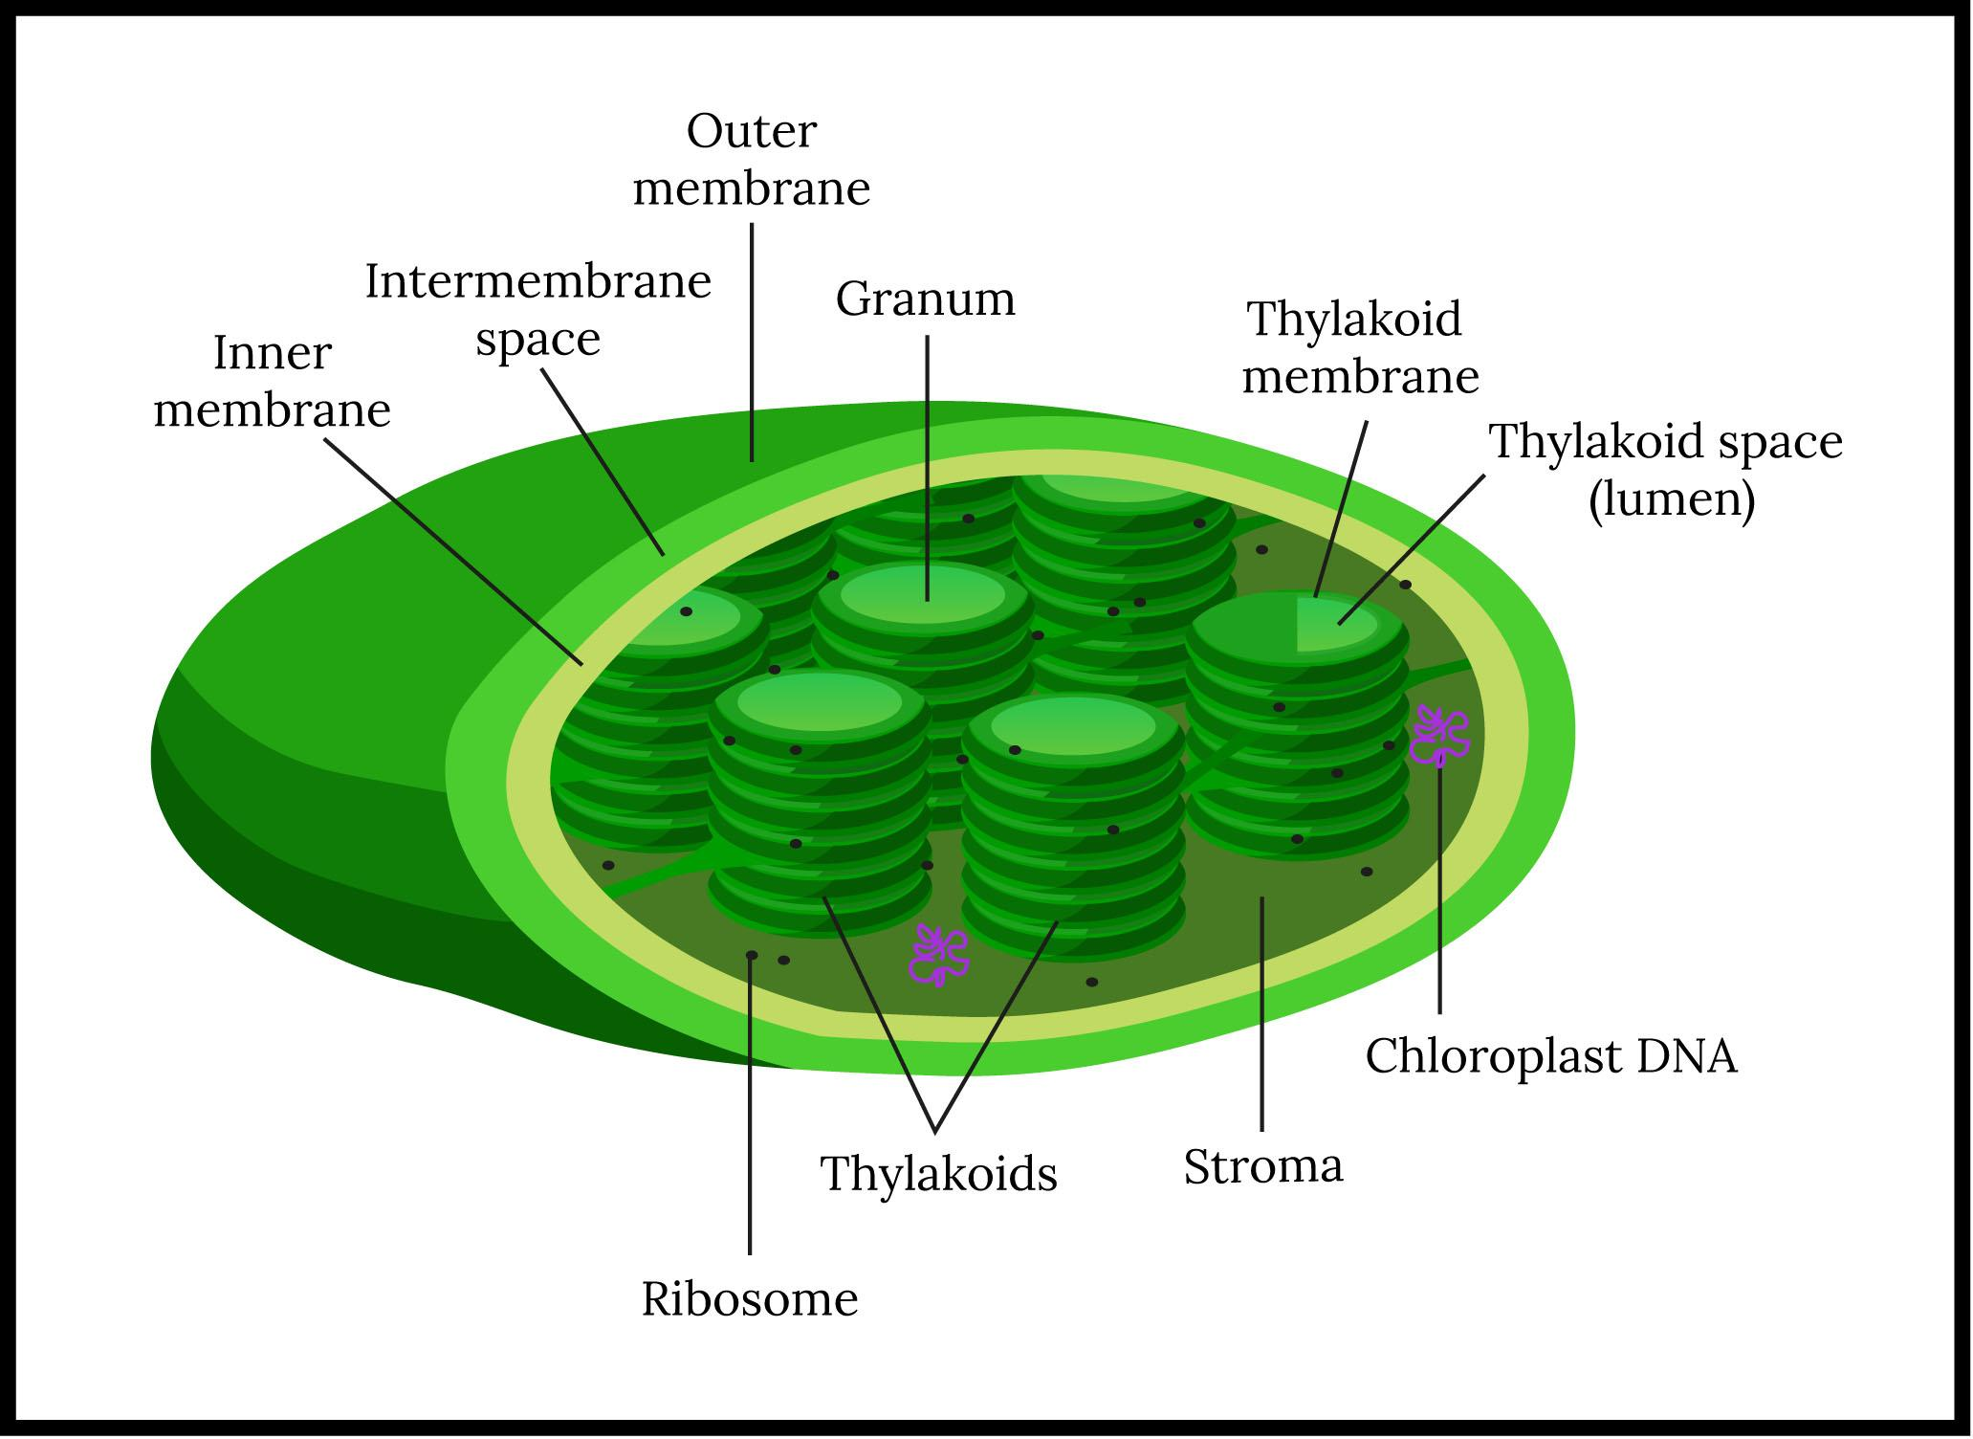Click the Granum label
[x=925, y=299]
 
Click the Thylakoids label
[x=938, y=1174]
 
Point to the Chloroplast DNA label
[x=1550, y=1057]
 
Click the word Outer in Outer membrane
[x=751, y=132]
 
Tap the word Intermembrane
[x=537, y=282]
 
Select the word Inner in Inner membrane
[x=272, y=354]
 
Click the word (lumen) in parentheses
[x=1671, y=499]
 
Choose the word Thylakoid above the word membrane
[x=1354, y=320]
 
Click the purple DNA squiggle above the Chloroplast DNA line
[x=1439, y=736]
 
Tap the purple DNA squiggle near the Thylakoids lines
[x=938, y=954]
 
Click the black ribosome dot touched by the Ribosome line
[x=752, y=955]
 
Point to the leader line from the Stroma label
[x=1262, y=1014]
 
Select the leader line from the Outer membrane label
[x=752, y=344]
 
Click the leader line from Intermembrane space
[x=603, y=459]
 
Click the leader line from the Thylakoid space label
[x=1411, y=550]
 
